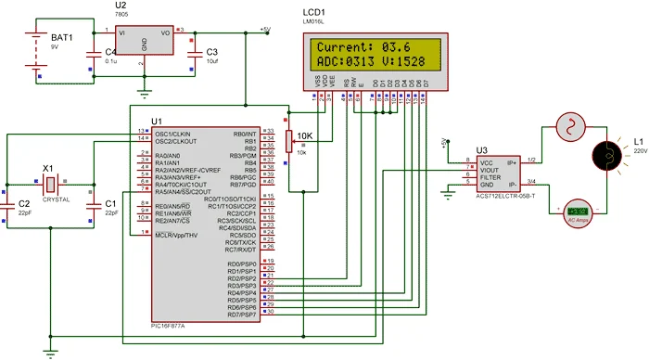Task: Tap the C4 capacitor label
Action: click(111, 51)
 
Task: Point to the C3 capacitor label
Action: click(212, 51)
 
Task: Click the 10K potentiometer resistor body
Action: click(289, 141)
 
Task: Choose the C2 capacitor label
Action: click(25, 202)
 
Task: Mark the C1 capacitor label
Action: click(110, 202)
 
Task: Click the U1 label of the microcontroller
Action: click(156, 122)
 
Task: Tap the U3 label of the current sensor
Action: click(481, 149)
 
